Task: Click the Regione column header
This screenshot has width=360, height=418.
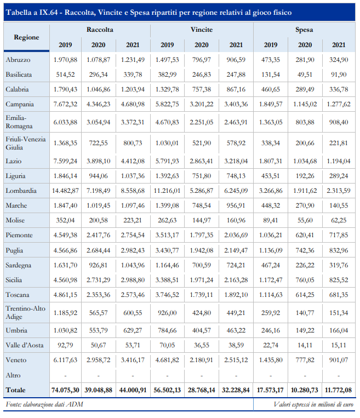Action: [26, 37]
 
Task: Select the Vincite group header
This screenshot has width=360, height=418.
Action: [202, 30]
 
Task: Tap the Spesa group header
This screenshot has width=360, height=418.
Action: [304, 30]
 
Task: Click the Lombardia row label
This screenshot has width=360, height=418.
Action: [21, 191]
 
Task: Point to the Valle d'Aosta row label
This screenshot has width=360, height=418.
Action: [25, 345]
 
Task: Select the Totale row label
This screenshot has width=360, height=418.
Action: [15, 390]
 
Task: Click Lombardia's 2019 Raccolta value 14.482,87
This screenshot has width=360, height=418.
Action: [65, 191]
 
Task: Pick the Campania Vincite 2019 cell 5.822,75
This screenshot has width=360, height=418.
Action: [167, 104]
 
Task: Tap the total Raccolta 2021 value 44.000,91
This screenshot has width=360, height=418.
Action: [133, 390]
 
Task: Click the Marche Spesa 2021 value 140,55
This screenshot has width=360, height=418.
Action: [339, 205]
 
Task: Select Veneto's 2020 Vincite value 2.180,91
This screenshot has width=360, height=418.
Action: [201, 360]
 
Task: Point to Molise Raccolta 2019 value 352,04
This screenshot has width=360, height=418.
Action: [65, 220]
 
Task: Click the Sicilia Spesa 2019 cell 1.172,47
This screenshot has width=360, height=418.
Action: [271, 280]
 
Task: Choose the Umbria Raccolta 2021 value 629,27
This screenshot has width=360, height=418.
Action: [133, 330]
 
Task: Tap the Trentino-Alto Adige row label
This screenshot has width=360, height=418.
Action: [26, 313]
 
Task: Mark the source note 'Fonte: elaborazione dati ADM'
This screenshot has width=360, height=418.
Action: [44, 405]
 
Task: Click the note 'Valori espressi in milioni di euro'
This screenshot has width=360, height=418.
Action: [313, 405]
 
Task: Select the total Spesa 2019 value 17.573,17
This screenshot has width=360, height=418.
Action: [270, 390]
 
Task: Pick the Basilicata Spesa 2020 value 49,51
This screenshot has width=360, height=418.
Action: [305, 75]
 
